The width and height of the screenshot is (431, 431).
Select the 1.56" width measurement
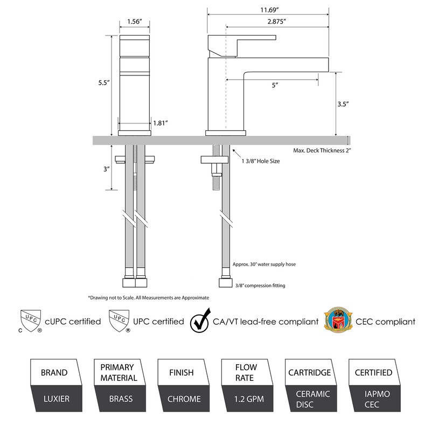[134, 22]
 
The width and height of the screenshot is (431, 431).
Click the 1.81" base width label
[161, 123]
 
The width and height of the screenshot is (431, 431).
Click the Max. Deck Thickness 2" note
[322, 151]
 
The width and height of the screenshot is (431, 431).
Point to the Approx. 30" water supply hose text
[264, 265]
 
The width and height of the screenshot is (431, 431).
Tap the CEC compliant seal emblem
[336, 321]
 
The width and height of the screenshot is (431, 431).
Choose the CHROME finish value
[184, 399]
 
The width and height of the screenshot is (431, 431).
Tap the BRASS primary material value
[119, 399]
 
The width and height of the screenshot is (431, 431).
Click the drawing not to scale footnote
[148, 297]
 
